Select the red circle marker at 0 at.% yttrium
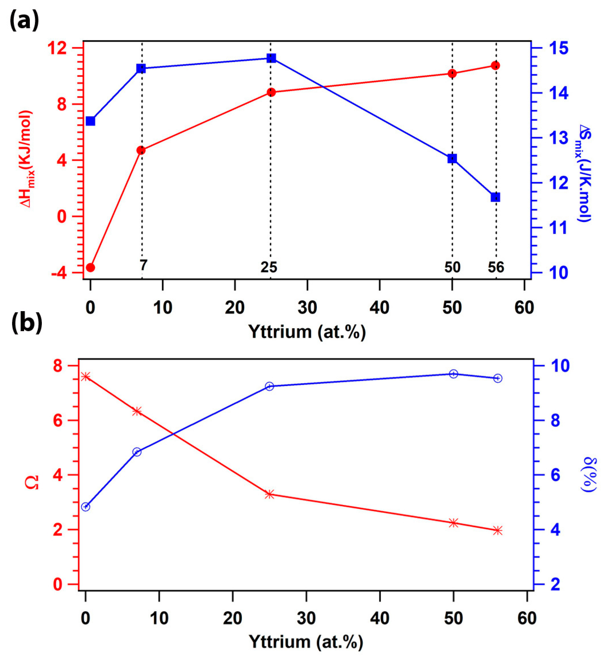click(x=91, y=267)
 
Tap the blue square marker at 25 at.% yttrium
click(x=271, y=58)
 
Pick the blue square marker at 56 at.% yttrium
click(x=495, y=197)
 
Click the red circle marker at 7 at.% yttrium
click(x=141, y=150)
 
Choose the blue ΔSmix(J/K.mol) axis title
click(x=584, y=173)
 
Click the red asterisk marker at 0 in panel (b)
click(x=86, y=377)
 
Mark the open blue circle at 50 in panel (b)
click(x=453, y=374)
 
